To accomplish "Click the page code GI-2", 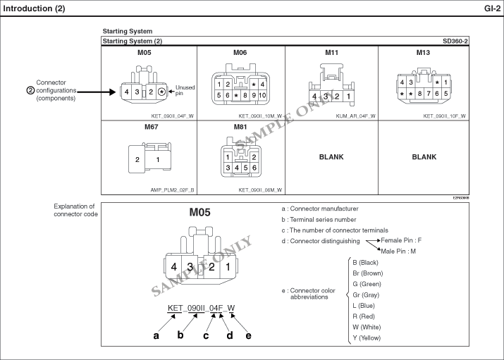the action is (492, 8).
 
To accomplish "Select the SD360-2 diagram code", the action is (455, 41).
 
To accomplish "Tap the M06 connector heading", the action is (240, 53).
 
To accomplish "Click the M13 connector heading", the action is (423, 53).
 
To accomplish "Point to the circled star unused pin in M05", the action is (162, 92).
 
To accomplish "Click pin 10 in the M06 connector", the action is (262, 95).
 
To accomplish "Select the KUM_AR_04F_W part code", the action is (355, 116).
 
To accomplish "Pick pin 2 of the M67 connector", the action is (137, 160).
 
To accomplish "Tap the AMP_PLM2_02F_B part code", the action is (172, 190).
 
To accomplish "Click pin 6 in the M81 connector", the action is (254, 168).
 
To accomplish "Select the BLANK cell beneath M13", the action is (424, 157).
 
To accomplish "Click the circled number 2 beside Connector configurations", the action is (30, 91).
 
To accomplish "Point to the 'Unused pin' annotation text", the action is (185, 90).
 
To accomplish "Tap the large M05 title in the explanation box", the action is (199, 212).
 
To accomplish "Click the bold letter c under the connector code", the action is (206, 335).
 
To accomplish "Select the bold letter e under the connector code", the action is (248, 335).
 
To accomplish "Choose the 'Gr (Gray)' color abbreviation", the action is (366, 294).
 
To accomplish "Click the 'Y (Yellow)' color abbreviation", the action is (367, 338).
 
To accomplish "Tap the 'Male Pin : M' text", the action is (398, 251).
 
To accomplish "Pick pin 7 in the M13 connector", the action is (429, 94).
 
